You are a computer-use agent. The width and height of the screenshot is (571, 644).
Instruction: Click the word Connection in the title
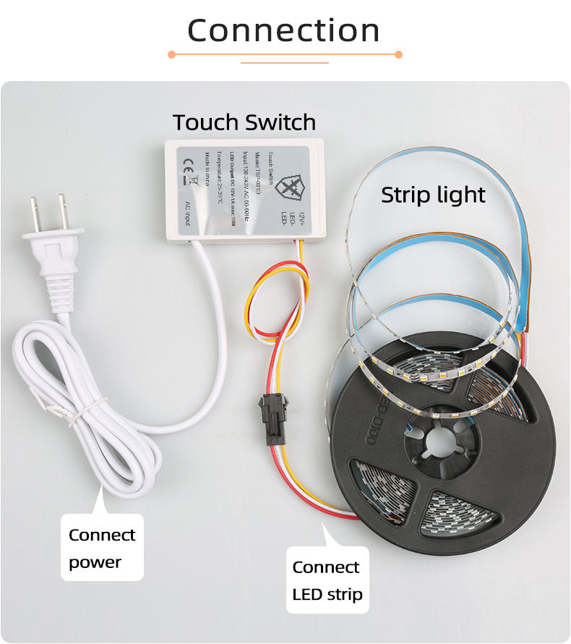point(283,30)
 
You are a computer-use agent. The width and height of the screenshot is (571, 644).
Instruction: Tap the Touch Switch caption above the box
point(244,122)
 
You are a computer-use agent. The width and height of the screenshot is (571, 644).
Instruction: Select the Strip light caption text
point(433,195)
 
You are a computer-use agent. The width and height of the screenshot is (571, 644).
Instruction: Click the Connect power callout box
point(102,548)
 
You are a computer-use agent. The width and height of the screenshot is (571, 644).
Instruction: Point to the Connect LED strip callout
point(327,580)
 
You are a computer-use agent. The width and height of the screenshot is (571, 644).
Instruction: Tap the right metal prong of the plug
point(63,209)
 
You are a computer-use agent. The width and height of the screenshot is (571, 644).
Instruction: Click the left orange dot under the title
point(171,54)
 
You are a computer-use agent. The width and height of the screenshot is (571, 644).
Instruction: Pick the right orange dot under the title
point(398,54)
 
